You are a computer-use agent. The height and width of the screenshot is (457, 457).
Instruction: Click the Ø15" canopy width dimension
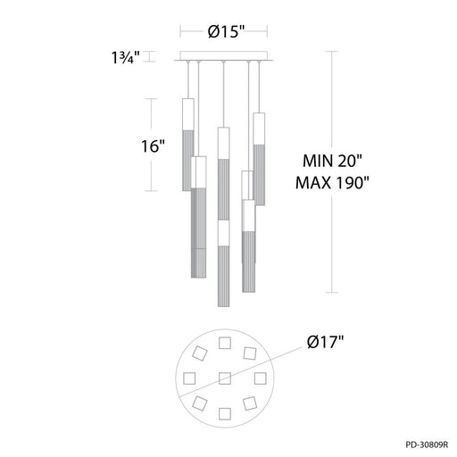[x=222, y=31]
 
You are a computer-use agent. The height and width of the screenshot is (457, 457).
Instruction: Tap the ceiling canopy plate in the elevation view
[x=223, y=59]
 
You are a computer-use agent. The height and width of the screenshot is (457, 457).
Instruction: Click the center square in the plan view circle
[x=223, y=376]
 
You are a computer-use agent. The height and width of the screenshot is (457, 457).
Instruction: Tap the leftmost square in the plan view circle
[x=189, y=378]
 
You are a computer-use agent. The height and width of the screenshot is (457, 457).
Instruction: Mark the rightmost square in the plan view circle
[x=258, y=377]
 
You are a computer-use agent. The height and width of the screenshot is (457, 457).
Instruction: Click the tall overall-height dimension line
[x=336, y=170]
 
